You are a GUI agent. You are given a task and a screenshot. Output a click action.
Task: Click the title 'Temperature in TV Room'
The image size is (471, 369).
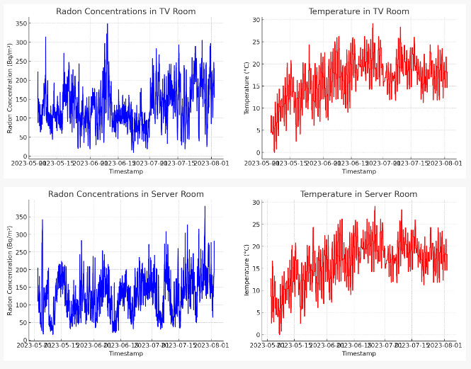[358, 11]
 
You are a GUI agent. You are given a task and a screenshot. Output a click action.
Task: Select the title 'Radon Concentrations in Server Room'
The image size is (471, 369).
[125, 194]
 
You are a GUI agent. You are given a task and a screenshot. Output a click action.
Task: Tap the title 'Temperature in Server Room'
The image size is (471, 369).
[358, 194]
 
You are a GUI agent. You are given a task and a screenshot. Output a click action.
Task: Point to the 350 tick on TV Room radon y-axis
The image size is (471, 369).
[22, 24]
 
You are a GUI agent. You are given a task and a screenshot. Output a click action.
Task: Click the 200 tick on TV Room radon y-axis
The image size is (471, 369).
[22, 81]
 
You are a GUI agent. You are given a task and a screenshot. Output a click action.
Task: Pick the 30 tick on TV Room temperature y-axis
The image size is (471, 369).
[256, 20]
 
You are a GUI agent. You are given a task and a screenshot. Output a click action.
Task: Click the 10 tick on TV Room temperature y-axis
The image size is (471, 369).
[256, 108]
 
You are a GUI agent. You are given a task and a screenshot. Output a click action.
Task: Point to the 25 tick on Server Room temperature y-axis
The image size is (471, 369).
[256, 225]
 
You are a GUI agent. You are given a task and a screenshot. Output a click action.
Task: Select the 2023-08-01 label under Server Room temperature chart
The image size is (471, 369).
[445, 346]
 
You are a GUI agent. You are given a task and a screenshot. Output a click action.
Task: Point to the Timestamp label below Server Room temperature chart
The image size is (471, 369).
[358, 354]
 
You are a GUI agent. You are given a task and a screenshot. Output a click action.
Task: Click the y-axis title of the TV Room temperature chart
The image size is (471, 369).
[247, 88]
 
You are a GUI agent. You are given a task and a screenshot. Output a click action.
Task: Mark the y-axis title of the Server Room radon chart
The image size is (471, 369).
[11, 271]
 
